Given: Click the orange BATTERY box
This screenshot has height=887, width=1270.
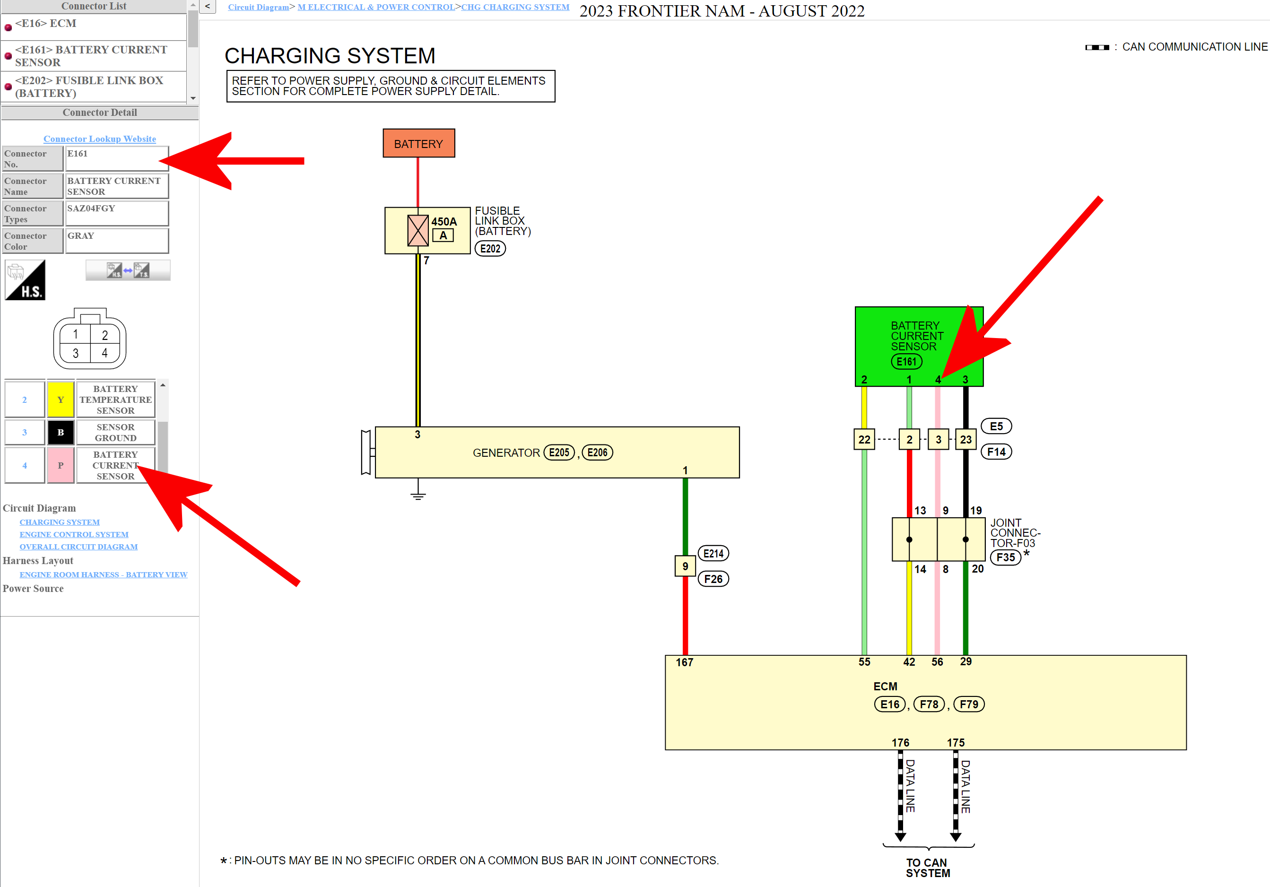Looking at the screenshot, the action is [x=419, y=143].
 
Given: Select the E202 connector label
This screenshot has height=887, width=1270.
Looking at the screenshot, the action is [x=490, y=249].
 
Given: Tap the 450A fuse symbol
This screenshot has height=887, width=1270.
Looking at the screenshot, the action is [x=418, y=230].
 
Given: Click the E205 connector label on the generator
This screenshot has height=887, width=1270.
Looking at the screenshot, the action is [x=559, y=452].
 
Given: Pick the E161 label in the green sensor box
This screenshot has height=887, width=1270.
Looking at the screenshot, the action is [x=906, y=362].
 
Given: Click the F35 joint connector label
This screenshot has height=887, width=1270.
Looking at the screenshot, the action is [x=1006, y=557].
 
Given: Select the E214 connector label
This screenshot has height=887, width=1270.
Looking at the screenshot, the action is [x=713, y=554].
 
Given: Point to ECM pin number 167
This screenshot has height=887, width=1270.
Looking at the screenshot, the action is [x=684, y=662].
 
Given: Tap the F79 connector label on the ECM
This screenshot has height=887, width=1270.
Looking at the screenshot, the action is [x=969, y=704].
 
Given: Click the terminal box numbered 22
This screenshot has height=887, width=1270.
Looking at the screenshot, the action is [x=864, y=440].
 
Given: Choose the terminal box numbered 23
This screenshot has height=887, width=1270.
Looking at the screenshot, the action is [x=966, y=440].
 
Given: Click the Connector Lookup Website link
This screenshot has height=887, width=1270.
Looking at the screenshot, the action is [x=100, y=139].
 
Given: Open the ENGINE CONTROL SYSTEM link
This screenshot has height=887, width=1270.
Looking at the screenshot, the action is [x=74, y=534].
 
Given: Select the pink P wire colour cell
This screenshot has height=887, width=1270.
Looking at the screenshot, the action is [x=61, y=466].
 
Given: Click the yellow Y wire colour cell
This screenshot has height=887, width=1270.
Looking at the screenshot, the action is [x=61, y=399].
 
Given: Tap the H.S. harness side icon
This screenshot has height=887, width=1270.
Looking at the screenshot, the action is [x=26, y=280].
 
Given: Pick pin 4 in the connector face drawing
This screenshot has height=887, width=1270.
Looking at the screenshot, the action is [x=104, y=353].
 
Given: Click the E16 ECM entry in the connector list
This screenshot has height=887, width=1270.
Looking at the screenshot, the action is [x=46, y=23].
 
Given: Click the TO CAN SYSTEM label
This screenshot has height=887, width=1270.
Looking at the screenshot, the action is [x=928, y=868].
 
